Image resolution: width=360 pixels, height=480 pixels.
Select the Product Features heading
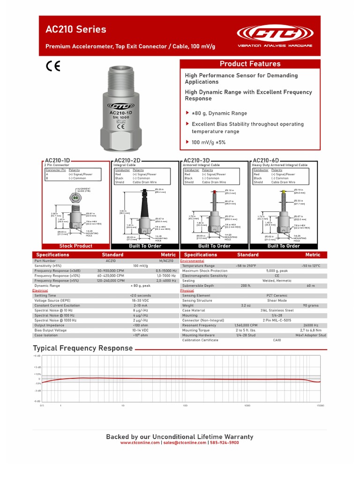tap(250, 64)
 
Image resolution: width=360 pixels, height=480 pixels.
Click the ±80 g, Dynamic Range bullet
tap(219, 113)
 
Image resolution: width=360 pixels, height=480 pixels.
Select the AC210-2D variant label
tap(127, 160)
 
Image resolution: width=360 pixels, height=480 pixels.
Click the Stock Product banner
tap(76, 246)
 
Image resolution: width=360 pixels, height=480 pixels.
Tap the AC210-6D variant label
tap(266, 160)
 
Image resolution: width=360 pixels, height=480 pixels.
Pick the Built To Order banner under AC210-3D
tap(214, 246)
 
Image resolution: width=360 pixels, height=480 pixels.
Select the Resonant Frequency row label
tap(199, 325)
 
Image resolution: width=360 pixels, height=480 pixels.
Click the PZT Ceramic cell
tap(277, 296)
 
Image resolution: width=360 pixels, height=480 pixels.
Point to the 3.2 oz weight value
tap(246, 305)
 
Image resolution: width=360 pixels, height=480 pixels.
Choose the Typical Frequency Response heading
tap(82, 348)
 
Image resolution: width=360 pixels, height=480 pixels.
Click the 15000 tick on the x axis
tap(320, 405)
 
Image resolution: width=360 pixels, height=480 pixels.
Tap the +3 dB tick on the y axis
tap(37, 367)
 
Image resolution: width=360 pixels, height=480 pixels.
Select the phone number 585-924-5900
tap(224, 442)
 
